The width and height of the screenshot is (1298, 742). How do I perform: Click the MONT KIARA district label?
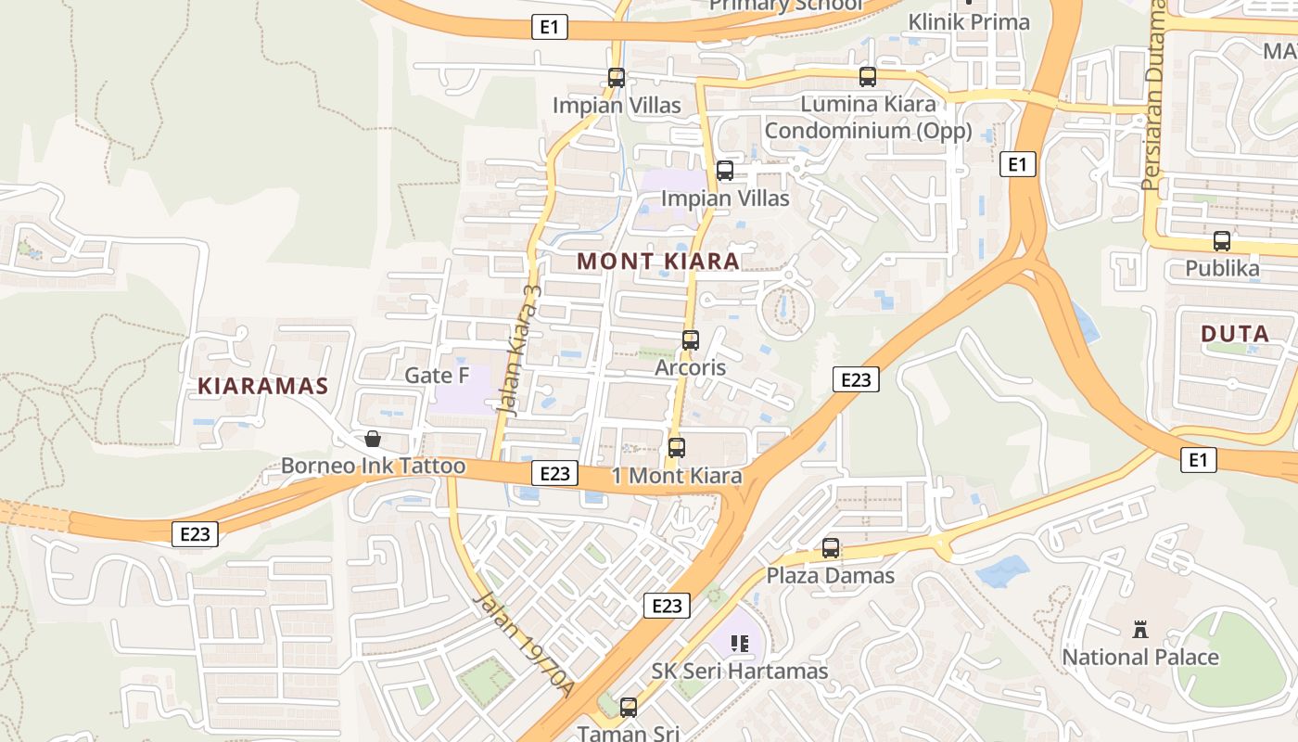tap(658, 262)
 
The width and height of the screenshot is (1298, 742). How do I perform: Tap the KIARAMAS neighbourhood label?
tap(263, 386)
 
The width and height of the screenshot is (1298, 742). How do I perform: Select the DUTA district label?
tap(1235, 334)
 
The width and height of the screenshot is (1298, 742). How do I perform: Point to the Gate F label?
tap(438, 376)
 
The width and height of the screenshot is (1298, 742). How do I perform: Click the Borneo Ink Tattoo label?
tap(373, 466)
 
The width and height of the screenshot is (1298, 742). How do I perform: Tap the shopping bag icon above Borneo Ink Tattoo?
tap(373, 439)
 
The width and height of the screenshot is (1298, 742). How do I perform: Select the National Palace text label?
tap(1139, 658)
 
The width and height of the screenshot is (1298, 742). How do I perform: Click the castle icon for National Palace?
tap(1140, 631)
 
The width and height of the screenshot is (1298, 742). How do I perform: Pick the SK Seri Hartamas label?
tap(739, 671)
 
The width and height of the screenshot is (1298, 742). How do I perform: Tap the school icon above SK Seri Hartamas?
tap(739, 643)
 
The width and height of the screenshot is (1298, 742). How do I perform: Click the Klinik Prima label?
tap(968, 21)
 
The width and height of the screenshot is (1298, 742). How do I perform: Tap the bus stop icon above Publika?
tap(1222, 241)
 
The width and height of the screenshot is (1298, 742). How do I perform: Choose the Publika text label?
tap(1222, 269)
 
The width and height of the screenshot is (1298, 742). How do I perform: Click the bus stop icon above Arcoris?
tap(691, 340)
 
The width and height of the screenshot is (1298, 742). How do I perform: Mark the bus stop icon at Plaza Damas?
tap(831, 548)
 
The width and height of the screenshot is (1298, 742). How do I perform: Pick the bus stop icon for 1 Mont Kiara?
tap(677, 448)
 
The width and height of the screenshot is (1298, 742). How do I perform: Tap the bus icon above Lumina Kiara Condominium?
tap(868, 77)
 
